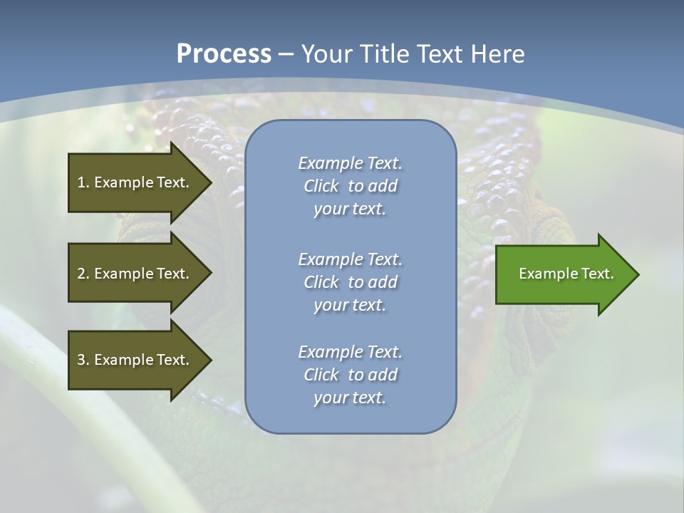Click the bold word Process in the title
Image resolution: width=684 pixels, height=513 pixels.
tap(224, 53)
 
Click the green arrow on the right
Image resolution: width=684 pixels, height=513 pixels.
tap(563, 274)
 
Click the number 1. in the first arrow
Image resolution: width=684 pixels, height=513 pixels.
tap(83, 182)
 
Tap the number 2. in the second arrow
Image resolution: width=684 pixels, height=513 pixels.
tap(83, 274)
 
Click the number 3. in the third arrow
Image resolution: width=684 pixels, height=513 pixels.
tap(83, 360)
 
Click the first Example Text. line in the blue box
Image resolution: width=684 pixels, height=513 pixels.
tap(351, 163)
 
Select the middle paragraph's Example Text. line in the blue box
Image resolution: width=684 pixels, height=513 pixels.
tap(351, 259)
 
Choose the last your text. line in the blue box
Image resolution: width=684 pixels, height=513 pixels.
tap(351, 398)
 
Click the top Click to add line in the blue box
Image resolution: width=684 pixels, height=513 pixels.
tap(351, 186)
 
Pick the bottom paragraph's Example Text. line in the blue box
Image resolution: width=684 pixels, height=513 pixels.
tap(351, 352)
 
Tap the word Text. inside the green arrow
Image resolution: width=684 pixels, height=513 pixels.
tap(597, 274)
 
